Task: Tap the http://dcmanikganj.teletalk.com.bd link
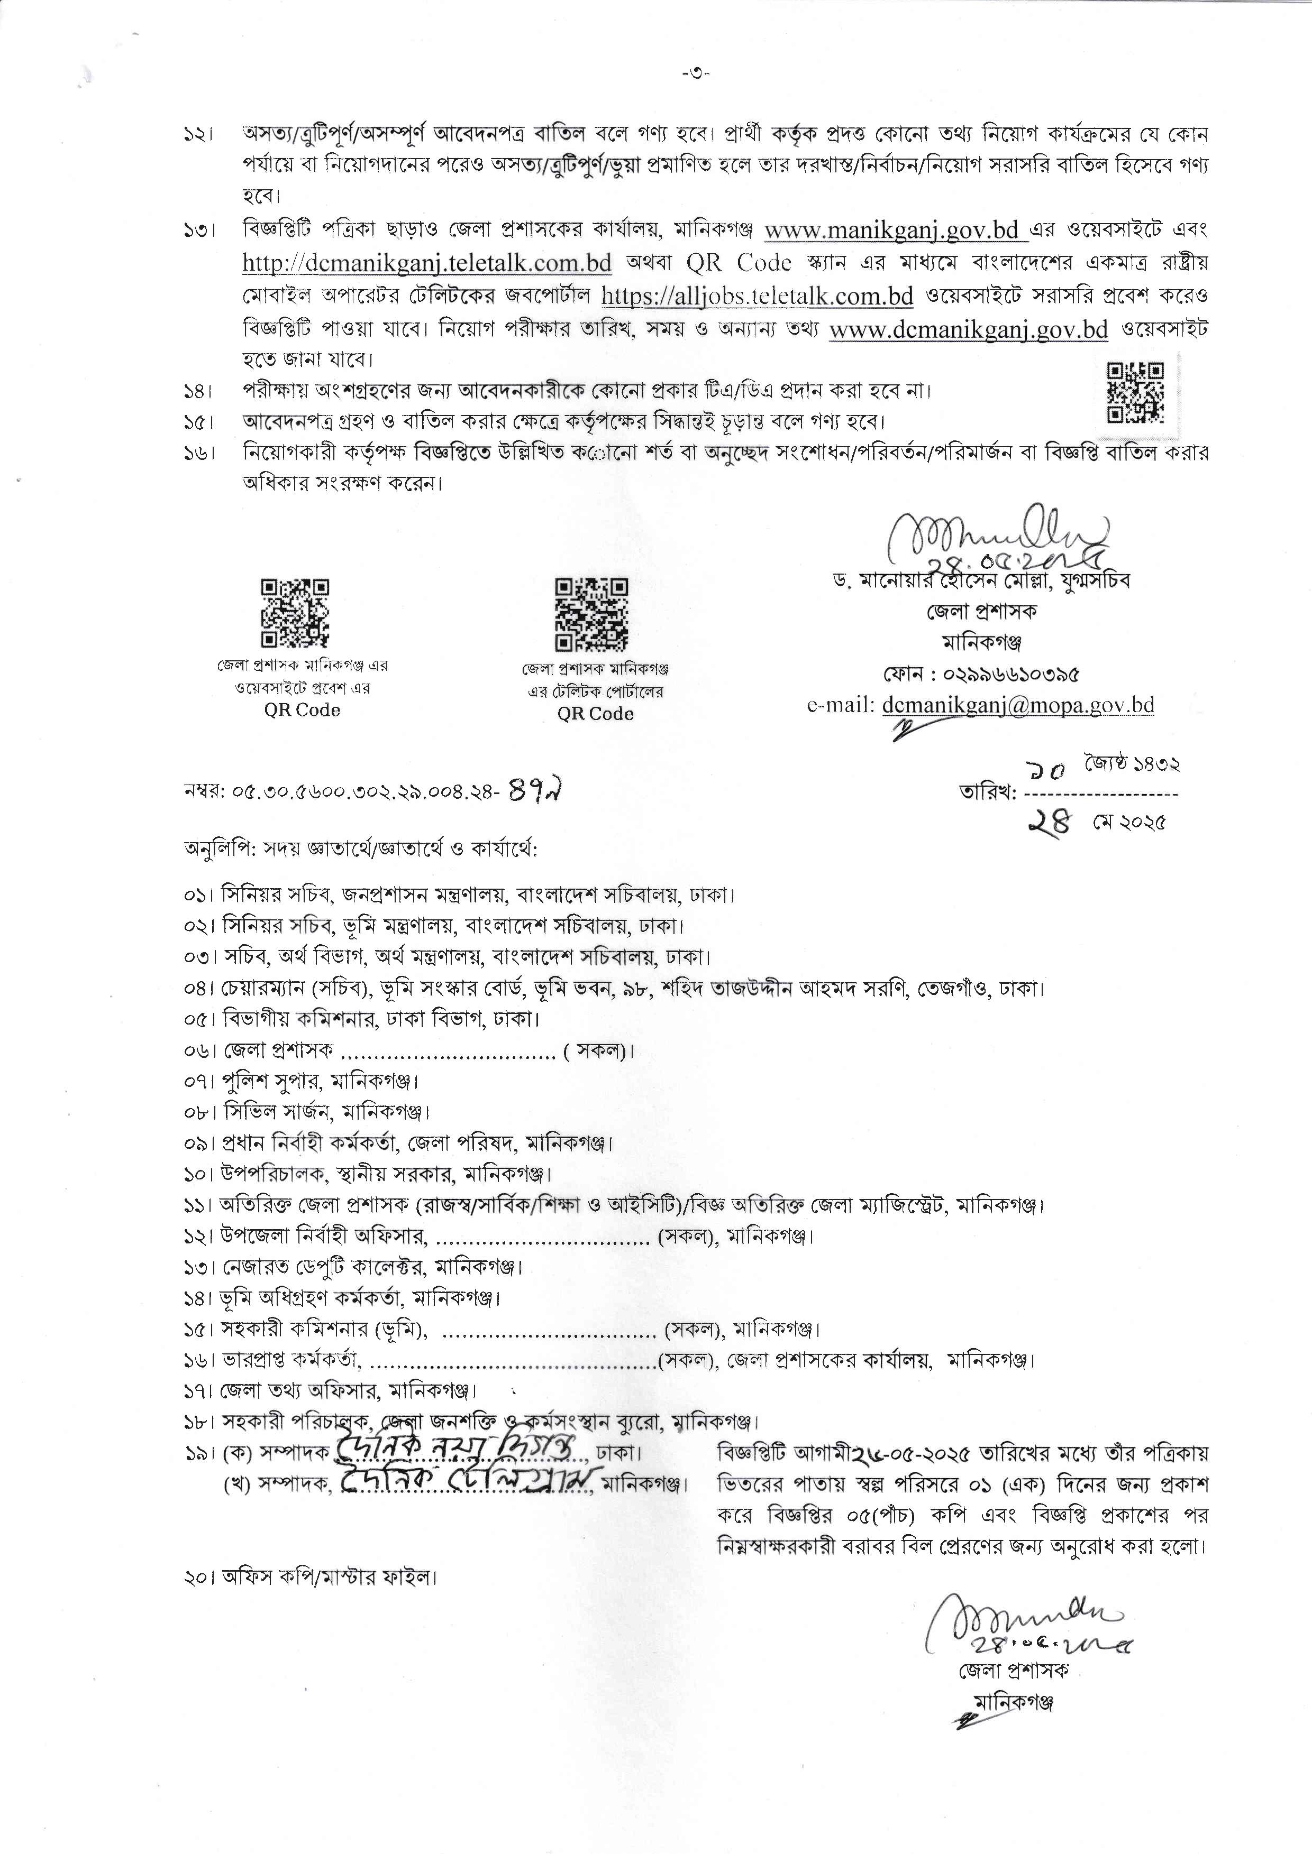point(426,263)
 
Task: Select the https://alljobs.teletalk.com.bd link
point(757,297)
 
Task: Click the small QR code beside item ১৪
point(1135,392)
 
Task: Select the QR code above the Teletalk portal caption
point(591,614)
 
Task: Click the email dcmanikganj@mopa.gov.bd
point(1018,705)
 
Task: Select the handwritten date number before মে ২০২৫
point(1050,823)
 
